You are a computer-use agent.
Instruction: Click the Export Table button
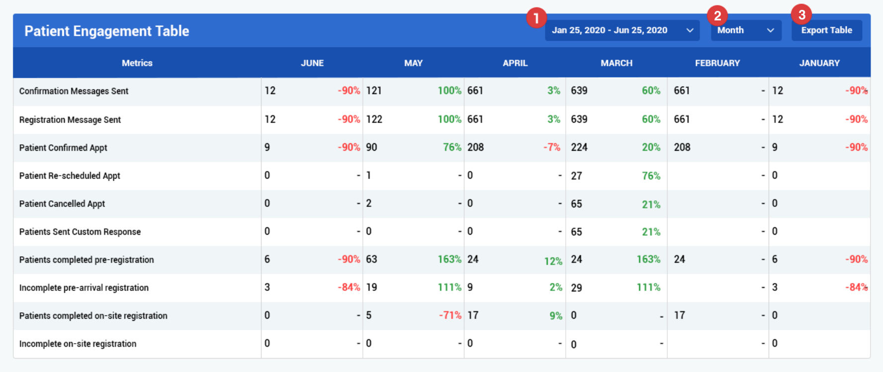click(x=827, y=30)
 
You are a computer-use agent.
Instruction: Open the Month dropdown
click(x=746, y=30)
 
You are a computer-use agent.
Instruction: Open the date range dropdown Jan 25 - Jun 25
click(x=622, y=30)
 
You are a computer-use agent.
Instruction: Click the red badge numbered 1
click(x=536, y=18)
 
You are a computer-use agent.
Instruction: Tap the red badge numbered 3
click(x=801, y=15)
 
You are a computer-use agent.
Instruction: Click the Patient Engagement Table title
click(x=107, y=31)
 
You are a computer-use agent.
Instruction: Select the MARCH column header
click(x=617, y=63)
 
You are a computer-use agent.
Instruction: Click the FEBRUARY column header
click(x=717, y=63)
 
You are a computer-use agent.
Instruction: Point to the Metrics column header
click(x=137, y=63)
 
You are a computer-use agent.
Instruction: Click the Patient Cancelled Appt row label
click(x=62, y=204)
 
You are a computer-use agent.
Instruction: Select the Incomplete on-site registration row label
click(x=78, y=344)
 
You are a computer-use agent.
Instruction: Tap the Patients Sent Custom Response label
click(x=80, y=232)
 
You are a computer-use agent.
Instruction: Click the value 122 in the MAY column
click(x=374, y=119)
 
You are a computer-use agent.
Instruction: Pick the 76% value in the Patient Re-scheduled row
click(x=651, y=176)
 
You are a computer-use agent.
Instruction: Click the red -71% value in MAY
click(x=450, y=315)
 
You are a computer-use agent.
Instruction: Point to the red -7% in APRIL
click(x=552, y=147)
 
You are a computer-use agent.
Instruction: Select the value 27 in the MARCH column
click(x=576, y=176)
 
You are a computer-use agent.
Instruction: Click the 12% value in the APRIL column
click(x=553, y=261)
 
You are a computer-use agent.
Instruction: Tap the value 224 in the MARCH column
click(x=579, y=147)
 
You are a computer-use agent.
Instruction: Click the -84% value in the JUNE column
click(x=349, y=287)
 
